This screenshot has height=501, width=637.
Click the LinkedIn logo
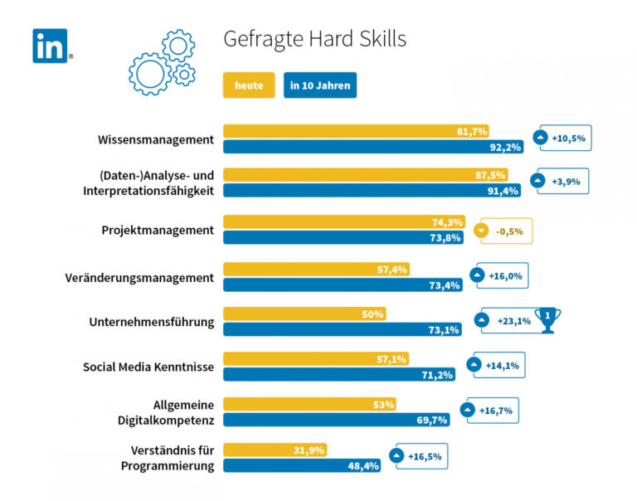coord(50,46)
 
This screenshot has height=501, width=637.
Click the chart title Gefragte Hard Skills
coord(315,40)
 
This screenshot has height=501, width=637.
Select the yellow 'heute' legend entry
coord(249,85)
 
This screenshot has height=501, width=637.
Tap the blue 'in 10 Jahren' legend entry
coord(320,85)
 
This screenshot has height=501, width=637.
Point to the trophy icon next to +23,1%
coord(547,320)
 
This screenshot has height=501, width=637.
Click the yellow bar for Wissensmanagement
coord(357,131)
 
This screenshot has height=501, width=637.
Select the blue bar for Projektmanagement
coord(339,238)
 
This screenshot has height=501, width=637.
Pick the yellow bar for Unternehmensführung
coord(304,314)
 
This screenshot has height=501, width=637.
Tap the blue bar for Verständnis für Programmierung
coord(303,466)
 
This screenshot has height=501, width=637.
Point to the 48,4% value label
coord(362,466)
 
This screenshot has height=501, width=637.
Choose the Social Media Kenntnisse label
coord(148,367)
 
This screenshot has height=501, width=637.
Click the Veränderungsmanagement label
coord(139,277)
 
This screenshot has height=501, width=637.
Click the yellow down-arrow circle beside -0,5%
coord(479,231)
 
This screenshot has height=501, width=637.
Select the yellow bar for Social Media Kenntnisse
coord(339,359)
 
